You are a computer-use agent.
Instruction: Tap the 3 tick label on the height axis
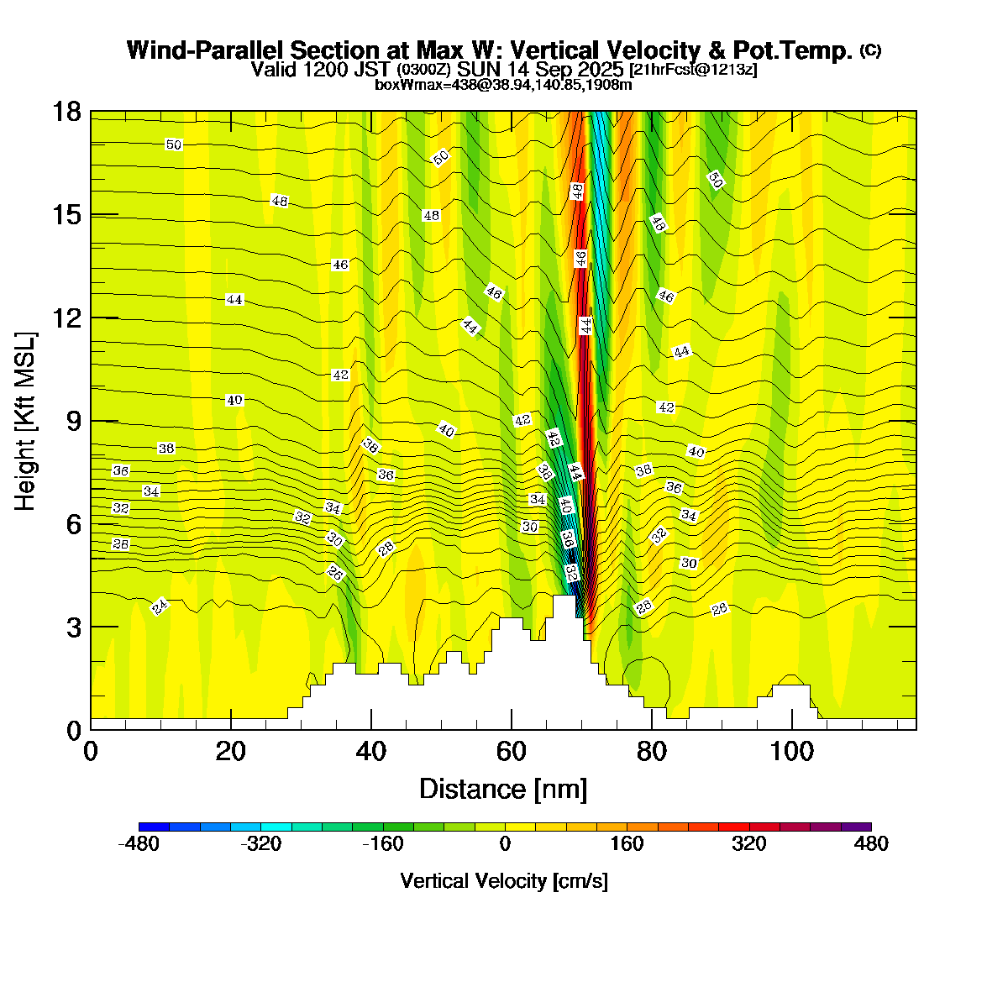[x=73, y=627]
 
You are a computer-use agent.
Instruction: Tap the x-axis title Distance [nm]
[x=503, y=789]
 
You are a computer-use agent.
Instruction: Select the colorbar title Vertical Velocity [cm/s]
[x=504, y=881]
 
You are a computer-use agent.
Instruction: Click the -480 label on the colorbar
[x=139, y=844]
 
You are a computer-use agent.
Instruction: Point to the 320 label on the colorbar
[x=748, y=844]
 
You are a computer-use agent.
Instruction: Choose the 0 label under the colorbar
[x=505, y=844]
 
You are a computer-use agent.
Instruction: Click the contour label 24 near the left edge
[x=160, y=606]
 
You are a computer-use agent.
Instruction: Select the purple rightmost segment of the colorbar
[x=856, y=827]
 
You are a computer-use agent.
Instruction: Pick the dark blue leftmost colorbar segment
[x=154, y=827]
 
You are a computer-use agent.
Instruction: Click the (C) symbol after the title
[x=870, y=50]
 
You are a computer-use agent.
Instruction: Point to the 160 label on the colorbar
[x=627, y=844]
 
